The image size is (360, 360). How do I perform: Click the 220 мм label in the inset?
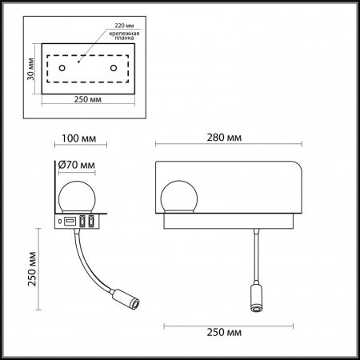114,26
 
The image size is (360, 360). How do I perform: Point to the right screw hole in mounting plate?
114,69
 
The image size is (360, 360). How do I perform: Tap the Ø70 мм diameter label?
78,166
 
